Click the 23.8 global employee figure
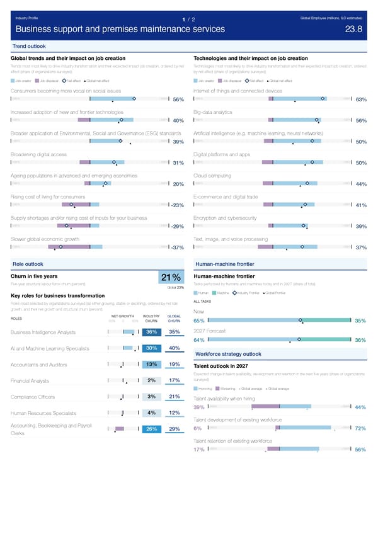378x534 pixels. click(x=354, y=30)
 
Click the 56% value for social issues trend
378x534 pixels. click(x=178, y=99)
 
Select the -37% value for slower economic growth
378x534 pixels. click(x=177, y=247)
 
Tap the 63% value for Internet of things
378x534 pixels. click(x=361, y=99)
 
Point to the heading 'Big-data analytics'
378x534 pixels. click(x=214, y=112)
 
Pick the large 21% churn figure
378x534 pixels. click(x=173, y=278)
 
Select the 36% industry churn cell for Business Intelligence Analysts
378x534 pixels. click(x=151, y=332)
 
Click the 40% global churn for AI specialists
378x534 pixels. click(x=175, y=349)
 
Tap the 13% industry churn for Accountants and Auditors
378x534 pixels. click(x=151, y=365)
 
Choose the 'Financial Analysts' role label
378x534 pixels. click(x=30, y=380)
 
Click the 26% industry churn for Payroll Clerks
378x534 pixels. click(x=151, y=429)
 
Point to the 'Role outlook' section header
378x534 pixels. click(x=28, y=264)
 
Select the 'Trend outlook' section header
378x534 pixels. click(x=28, y=47)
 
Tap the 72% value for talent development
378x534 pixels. click(x=361, y=429)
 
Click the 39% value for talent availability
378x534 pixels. click(x=198, y=407)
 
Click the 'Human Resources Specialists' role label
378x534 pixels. click(x=43, y=413)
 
